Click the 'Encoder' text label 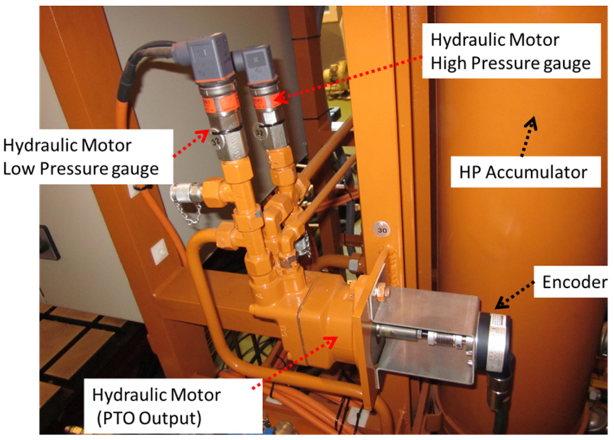coord(574,281)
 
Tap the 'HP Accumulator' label coord(518,172)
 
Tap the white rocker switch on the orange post coord(159,252)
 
